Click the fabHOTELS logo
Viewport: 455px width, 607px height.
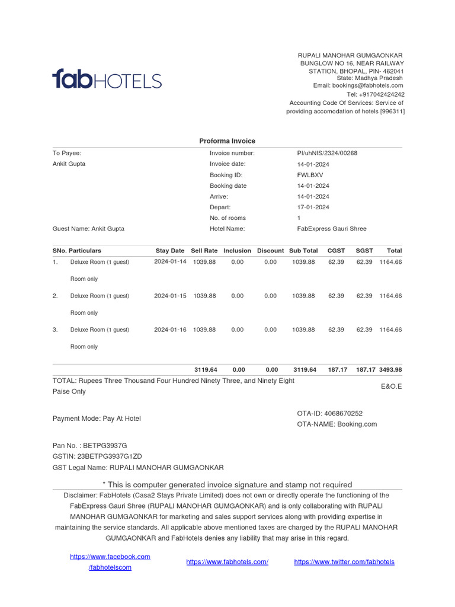click(x=107, y=79)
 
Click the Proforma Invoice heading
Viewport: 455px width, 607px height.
click(x=227, y=141)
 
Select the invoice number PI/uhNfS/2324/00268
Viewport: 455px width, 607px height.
click(x=327, y=153)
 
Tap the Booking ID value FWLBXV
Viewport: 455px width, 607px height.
click(x=310, y=175)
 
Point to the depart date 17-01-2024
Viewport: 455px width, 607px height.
click(x=313, y=207)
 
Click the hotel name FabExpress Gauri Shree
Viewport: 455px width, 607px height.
click(x=332, y=229)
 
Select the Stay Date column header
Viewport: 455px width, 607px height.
click(x=170, y=251)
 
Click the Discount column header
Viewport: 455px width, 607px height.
click(x=270, y=251)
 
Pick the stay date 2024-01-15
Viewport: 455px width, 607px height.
click(x=170, y=296)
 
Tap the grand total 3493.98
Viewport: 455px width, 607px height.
click(x=390, y=370)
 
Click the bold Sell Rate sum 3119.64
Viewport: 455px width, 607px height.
click(x=206, y=370)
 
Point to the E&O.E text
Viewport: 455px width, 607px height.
click(x=391, y=386)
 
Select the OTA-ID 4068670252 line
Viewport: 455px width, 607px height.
click(x=329, y=413)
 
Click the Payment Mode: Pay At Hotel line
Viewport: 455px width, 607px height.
click(x=97, y=418)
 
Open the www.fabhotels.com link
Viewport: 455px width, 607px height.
click(x=227, y=562)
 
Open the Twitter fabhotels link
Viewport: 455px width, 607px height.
click(x=344, y=562)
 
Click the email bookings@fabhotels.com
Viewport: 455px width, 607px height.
click(x=358, y=85)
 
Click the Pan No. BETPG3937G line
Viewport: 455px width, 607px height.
click(x=89, y=445)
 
